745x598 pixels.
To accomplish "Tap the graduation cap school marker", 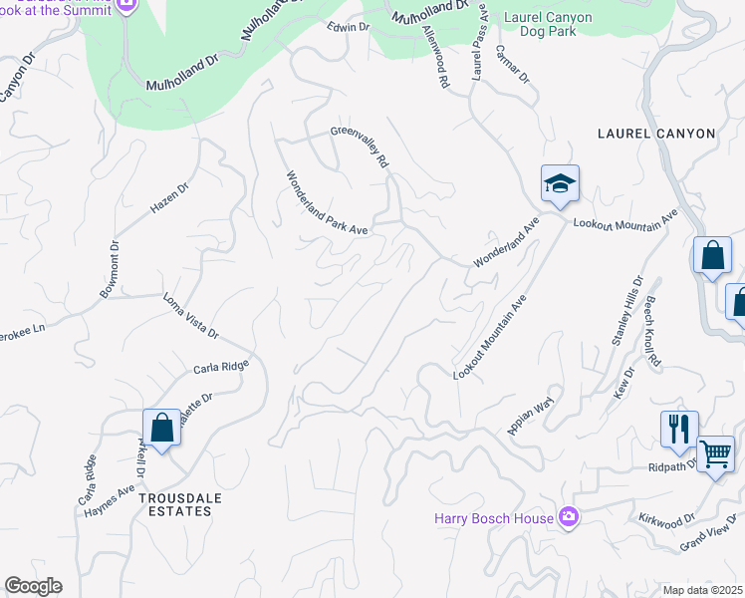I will pyautogui.click(x=560, y=184).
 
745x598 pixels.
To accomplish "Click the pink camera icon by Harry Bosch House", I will pyautogui.click(x=569, y=516).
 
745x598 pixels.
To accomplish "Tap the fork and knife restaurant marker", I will pyautogui.click(x=679, y=430).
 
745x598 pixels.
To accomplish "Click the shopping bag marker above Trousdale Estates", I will pyautogui.click(x=161, y=428).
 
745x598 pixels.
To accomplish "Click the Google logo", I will pyautogui.click(x=33, y=586).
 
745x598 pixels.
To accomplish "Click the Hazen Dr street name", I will pyautogui.click(x=169, y=198).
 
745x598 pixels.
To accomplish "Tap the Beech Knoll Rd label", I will pyautogui.click(x=653, y=329).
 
